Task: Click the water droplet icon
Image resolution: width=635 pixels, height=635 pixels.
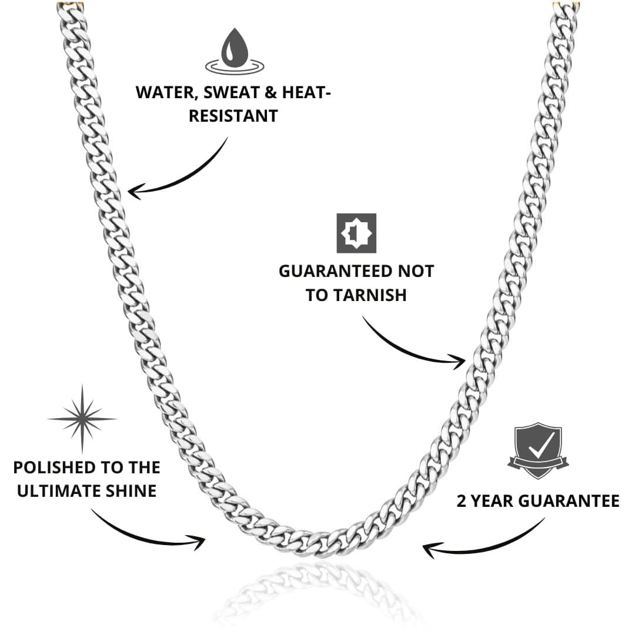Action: click(235, 51)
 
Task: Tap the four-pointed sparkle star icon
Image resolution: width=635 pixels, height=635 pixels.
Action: click(82, 419)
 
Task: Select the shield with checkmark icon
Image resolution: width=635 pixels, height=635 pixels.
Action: click(538, 450)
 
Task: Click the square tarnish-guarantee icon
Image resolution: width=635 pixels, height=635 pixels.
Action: click(356, 233)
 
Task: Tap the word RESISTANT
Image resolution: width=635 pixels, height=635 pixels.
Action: click(233, 116)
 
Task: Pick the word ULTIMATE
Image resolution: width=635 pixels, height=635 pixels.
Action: click(59, 491)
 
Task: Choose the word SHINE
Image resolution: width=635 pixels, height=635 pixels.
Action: click(131, 491)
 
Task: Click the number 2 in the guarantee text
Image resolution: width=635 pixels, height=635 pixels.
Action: click(462, 501)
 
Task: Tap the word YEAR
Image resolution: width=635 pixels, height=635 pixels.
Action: click(492, 501)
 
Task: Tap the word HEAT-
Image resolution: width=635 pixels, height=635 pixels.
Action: click(306, 92)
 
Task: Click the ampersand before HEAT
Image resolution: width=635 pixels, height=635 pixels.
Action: click(270, 92)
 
